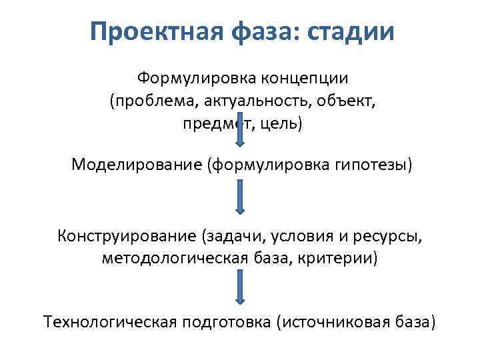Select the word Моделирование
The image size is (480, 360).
pyautogui.click(x=137, y=163)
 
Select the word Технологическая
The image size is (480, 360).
pyautogui.click(x=109, y=322)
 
